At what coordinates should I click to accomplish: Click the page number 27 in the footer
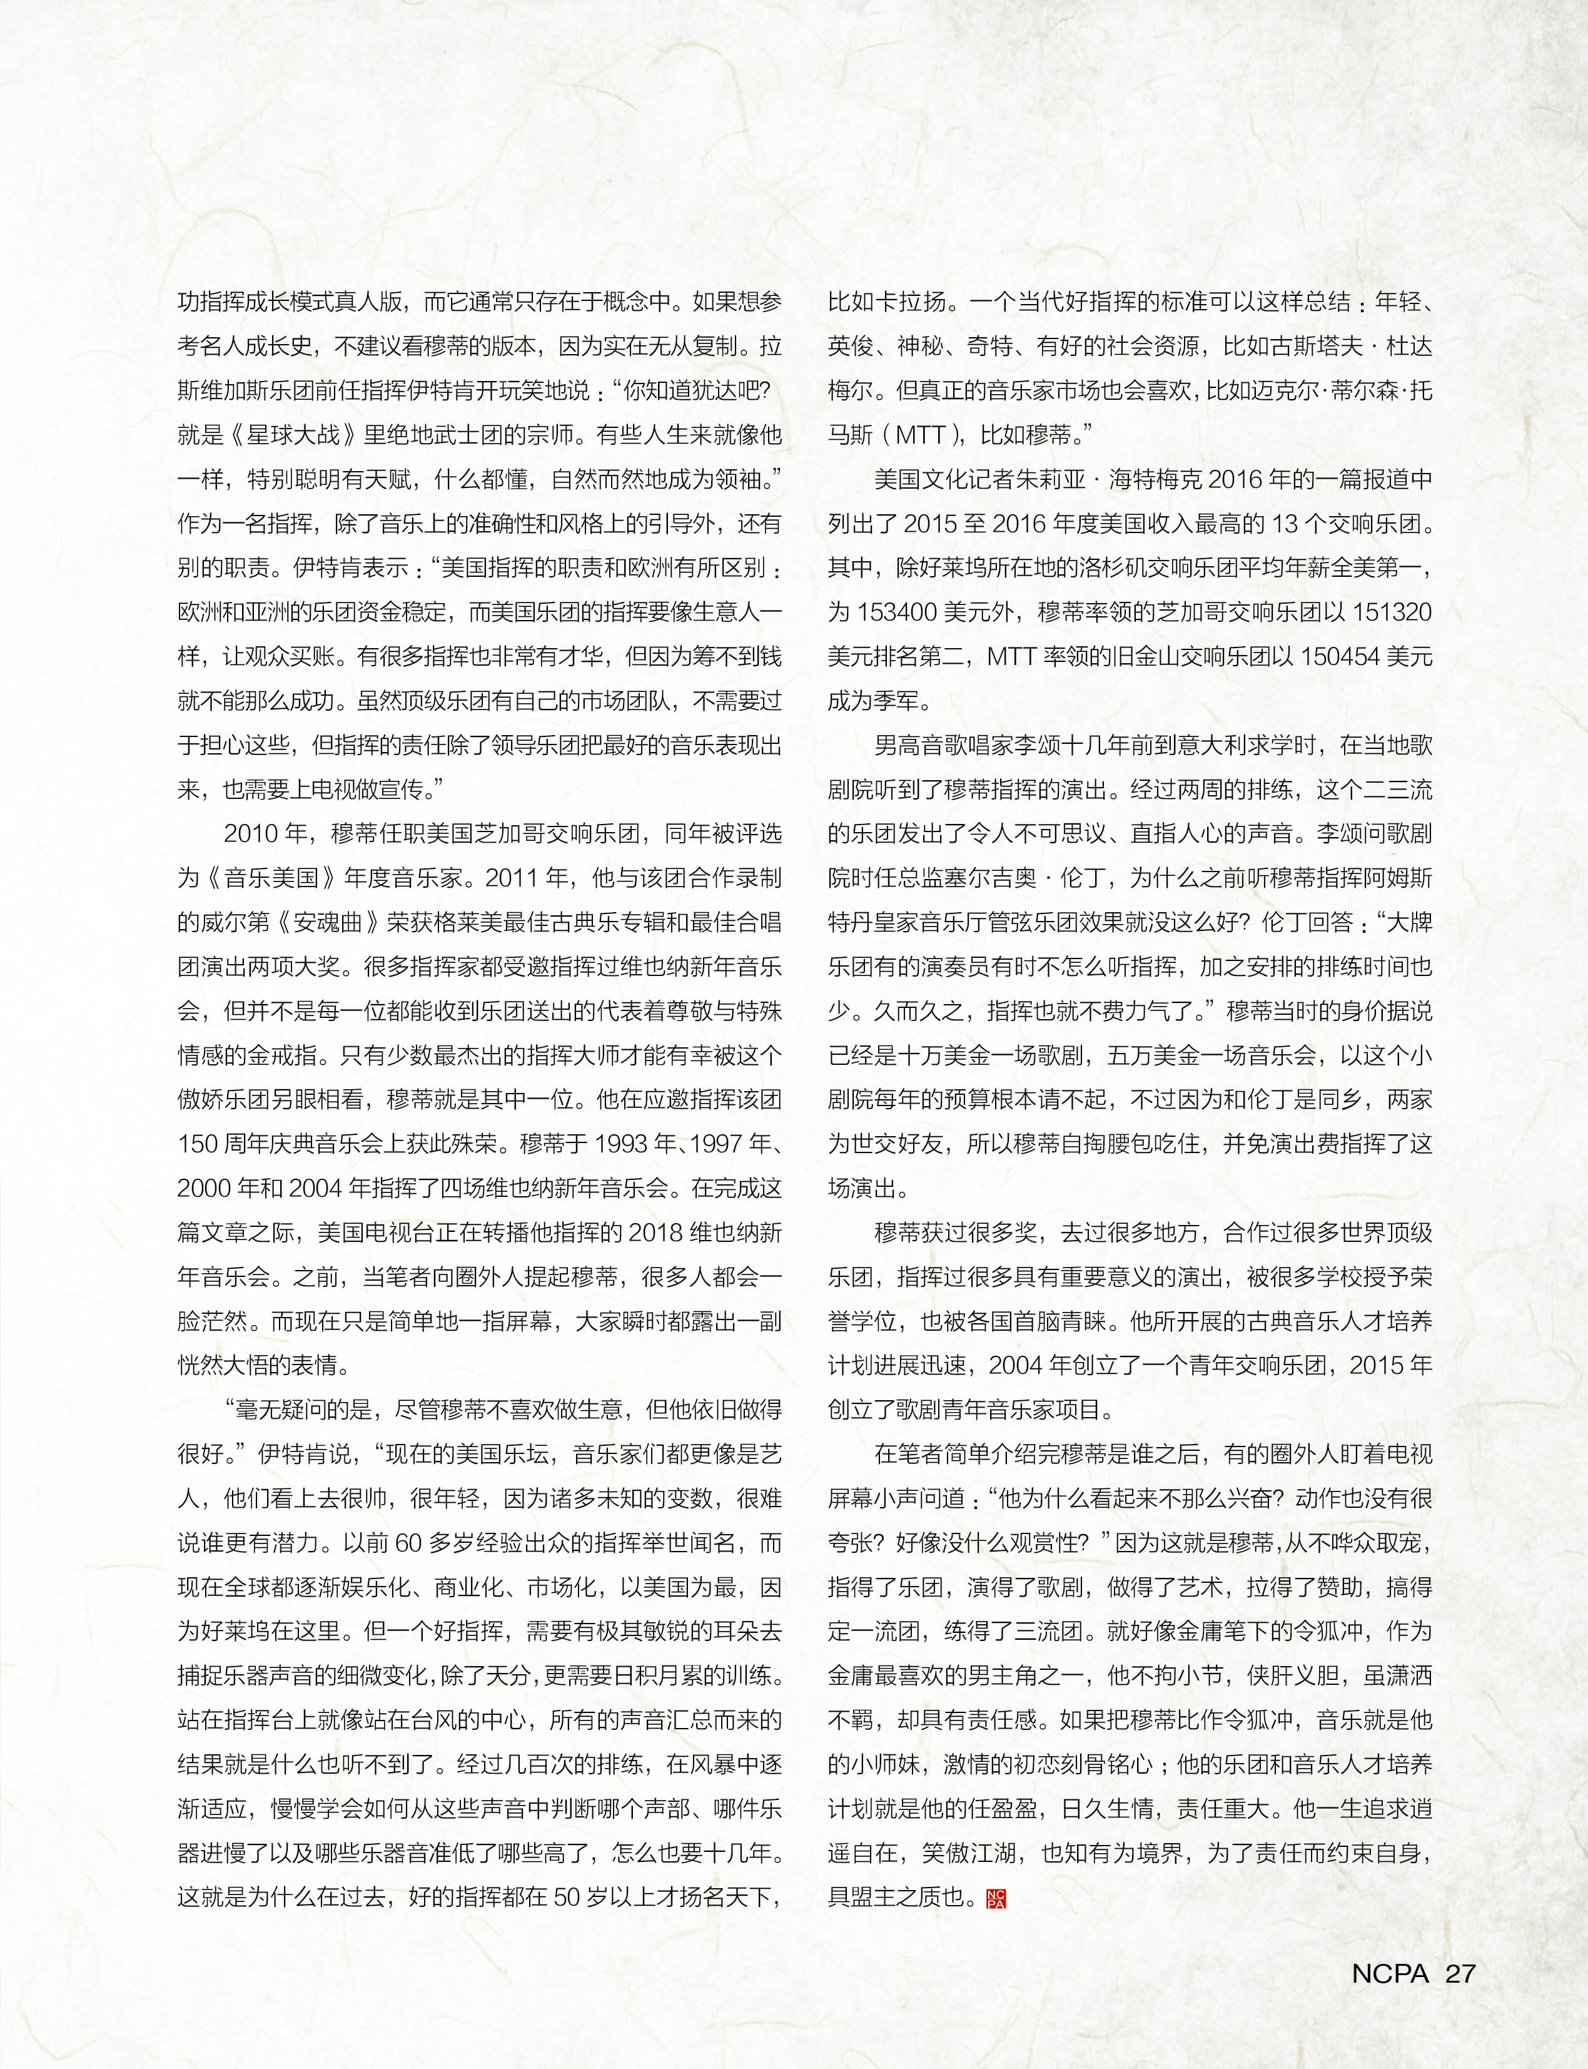point(1460,1973)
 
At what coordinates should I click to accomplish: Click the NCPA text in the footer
point(1390,1973)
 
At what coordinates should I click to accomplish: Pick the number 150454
point(1340,656)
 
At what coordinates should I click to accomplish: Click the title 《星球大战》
point(294,435)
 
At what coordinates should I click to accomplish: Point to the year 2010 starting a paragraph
point(253,833)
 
